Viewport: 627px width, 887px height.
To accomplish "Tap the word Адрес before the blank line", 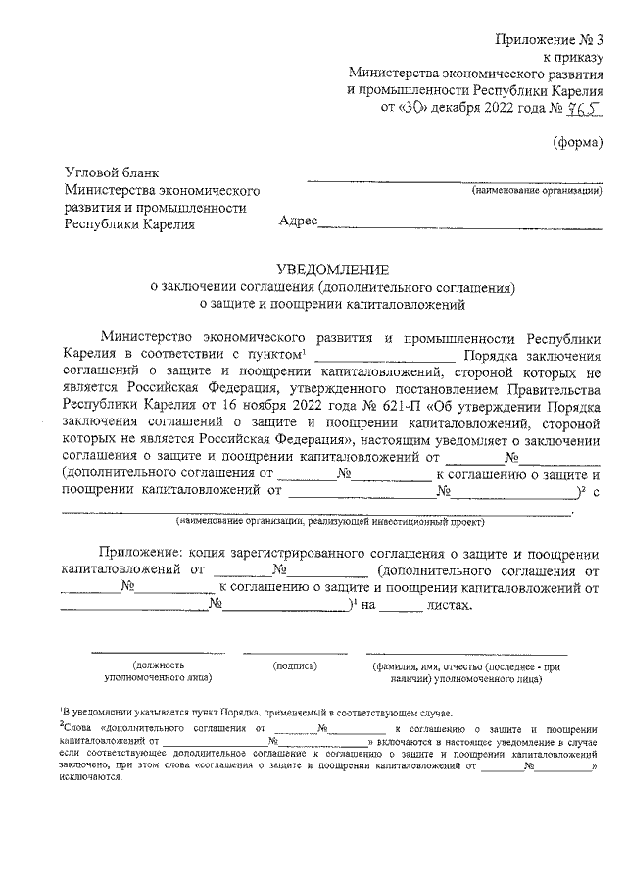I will [x=299, y=223].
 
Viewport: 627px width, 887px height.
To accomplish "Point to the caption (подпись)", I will [x=296, y=665].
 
